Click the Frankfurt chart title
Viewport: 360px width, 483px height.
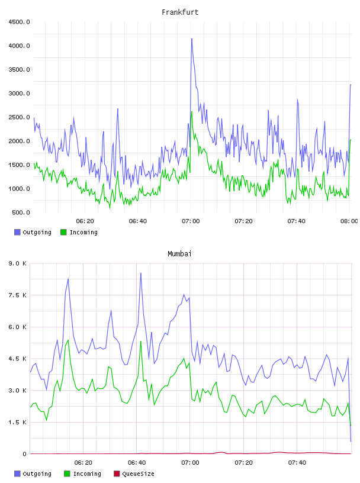(x=180, y=12)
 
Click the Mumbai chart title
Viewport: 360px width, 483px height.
(x=179, y=254)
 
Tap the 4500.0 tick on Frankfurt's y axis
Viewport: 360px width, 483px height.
(x=19, y=22)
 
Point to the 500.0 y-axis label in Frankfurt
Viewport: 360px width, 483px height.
(x=21, y=212)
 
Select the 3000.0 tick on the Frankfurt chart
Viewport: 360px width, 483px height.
(x=19, y=94)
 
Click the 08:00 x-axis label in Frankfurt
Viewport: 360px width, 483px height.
(x=349, y=221)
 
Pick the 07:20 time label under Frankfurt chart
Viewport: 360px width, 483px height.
(x=243, y=221)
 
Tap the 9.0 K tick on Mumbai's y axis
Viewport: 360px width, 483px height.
(x=17, y=263)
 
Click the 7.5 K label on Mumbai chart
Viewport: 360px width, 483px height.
(x=17, y=295)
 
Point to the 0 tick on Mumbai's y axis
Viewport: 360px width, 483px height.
(x=24, y=454)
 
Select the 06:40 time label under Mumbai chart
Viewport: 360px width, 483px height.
(x=137, y=462)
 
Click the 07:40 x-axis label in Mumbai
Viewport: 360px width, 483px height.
(x=297, y=462)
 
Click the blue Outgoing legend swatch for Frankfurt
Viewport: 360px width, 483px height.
(x=17, y=232)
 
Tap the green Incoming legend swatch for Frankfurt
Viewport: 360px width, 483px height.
(x=63, y=232)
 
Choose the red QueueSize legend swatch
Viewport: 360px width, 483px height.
(x=117, y=474)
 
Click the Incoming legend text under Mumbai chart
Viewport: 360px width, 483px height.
(x=87, y=474)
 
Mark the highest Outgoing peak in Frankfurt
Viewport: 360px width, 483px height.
(x=192, y=39)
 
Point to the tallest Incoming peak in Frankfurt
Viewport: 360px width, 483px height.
(x=192, y=112)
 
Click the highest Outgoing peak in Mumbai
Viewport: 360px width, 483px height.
(x=141, y=273)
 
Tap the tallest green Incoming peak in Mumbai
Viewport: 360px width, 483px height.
(x=68, y=340)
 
